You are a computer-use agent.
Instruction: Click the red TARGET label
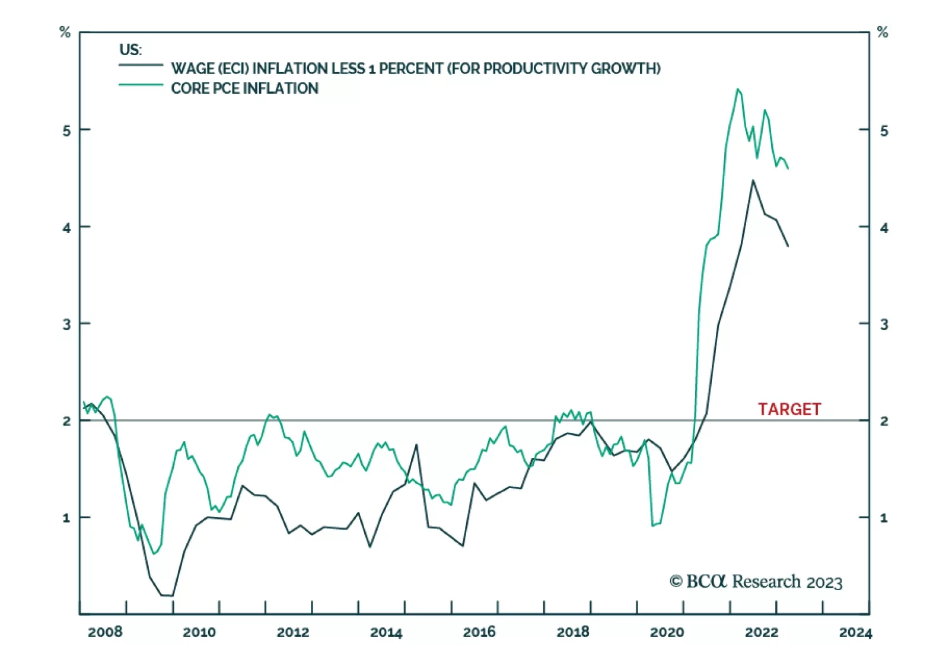tap(789, 409)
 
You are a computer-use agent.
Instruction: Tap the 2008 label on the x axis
tap(105, 632)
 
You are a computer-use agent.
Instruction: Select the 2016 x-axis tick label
tap(479, 632)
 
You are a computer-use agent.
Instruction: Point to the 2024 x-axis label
tap(855, 632)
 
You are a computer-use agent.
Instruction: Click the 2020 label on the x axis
tap(667, 632)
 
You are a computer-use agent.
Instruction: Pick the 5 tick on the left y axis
tap(66, 130)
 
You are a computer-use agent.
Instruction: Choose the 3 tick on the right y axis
tap(884, 324)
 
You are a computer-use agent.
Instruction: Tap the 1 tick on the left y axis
tap(66, 518)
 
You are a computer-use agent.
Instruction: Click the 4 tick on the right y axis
tap(884, 228)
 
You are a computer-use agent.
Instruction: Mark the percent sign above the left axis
tap(65, 33)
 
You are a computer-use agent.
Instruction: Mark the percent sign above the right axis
tap(883, 33)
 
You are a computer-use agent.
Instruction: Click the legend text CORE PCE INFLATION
tap(244, 88)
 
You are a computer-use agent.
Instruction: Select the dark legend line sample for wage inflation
tap(141, 65)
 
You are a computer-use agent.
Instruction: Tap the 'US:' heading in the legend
tap(130, 50)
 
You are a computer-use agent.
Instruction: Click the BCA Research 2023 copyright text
tap(756, 582)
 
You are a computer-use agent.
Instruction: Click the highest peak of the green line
tap(737, 90)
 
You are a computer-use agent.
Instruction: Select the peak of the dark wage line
tap(753, 180)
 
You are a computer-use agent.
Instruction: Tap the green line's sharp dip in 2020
tap(653, 525)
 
